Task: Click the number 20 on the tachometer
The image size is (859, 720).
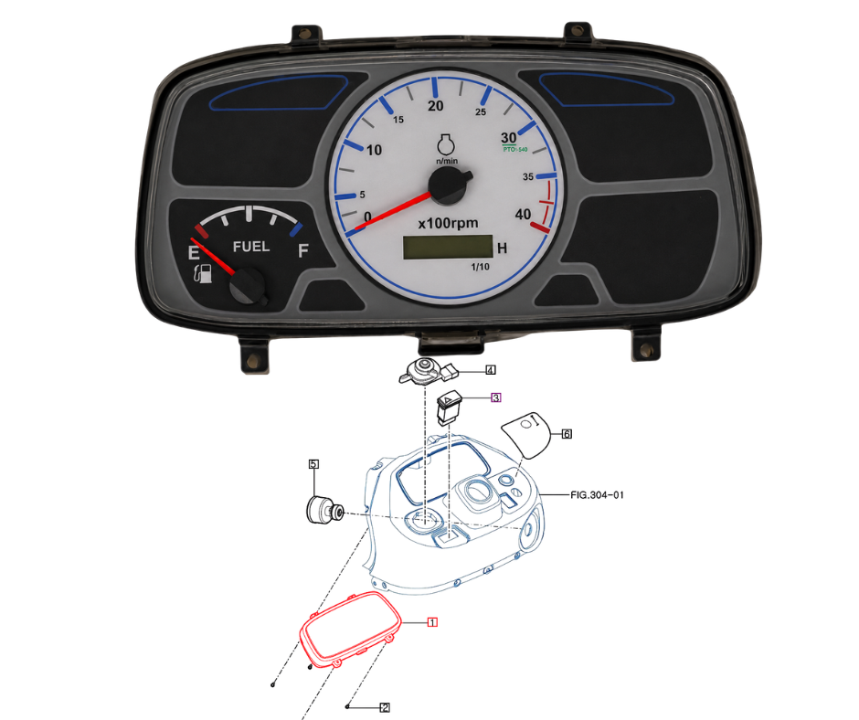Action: pyautogui.click(x=436, y=106)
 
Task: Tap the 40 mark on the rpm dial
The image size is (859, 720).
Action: pyautogui.click(x=523, y=214)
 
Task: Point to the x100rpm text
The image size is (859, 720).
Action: pyautogui.click(x=448, y=224)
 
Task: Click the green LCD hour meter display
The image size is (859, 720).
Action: pyautogui.click(x=448, y=247)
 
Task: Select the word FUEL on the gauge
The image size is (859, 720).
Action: pyautogui.click(x=251, y=247)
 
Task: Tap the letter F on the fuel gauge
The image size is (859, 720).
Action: pyautogui.click(x=303, y=251)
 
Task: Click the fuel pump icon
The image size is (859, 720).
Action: pyautogui.click(x=203, y=273)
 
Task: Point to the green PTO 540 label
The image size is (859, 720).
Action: pyautogui.click(x=515, y=149)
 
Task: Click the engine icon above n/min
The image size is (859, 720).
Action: pyautogui.click(x=446, y=144)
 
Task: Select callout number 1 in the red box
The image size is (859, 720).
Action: pyautogui.click(x=432, y=622)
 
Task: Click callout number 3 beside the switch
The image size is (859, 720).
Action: pyautogui.click(x=496, y=397)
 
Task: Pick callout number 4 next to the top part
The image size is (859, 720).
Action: pyautogui.click(x=491, y=370)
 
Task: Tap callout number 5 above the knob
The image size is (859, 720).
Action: pyautogui.click(x=313, y=464)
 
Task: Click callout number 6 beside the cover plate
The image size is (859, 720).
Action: pyautogui.click(x=567, y=434)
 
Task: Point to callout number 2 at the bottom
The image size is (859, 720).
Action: pyautogui.click(x=385, y=708)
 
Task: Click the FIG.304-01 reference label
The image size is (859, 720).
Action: pyautogui.click(x=597, y=495)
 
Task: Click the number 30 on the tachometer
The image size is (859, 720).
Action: pyautogui.click(x=508, y=138)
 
